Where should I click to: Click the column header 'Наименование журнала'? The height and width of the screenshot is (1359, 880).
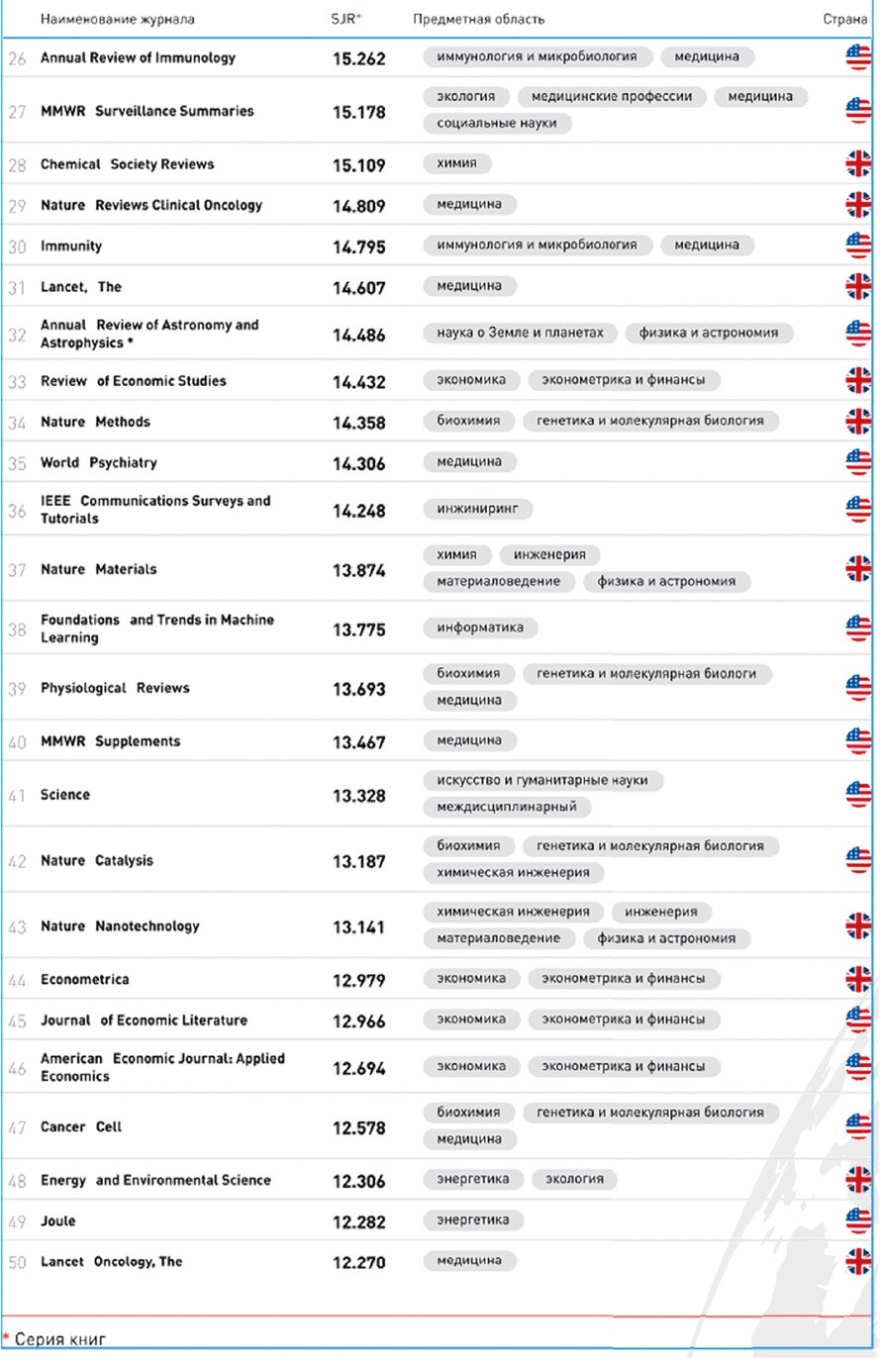tap(117, 19)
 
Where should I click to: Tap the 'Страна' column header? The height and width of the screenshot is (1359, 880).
tap(844, 19)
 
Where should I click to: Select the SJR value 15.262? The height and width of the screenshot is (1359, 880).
tap(358, 58)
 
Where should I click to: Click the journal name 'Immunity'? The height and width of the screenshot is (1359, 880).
tap(71, 245)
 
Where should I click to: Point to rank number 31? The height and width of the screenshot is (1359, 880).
tap(17, 287)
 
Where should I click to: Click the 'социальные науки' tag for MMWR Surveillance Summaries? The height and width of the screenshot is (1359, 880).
tap(496, 124)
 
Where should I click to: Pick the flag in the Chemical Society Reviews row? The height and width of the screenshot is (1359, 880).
tap(858, 163)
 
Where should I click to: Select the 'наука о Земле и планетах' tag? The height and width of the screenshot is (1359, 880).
tap(520, 333)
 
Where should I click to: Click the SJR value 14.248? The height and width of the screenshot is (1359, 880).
tap(358, 511)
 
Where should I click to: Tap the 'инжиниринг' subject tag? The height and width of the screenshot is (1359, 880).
tap(477, 509)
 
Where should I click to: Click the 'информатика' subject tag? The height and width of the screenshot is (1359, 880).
tap(480, 627)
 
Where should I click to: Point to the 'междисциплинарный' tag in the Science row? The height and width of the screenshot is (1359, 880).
tap(507, 807)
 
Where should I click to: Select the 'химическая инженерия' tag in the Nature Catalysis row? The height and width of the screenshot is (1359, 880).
tap(513, 872)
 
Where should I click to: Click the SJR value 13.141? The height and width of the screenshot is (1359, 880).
tap(358, 927)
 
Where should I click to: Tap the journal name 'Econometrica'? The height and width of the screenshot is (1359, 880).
tap(84, 979)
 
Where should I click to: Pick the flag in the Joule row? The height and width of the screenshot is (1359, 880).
tap(858, 1220)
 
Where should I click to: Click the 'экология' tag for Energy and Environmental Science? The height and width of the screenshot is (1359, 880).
tap(574, 1179)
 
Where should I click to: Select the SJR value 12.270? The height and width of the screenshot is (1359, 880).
tap(358, 1262)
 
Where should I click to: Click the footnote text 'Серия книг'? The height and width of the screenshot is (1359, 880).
tap(59, 1339)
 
